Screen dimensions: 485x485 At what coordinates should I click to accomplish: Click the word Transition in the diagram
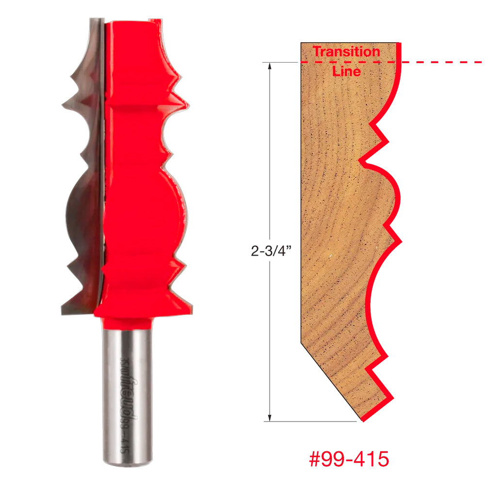coord(346,51)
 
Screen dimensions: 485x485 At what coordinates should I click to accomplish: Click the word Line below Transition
coord(346,71)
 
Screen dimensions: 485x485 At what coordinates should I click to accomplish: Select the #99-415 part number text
coord(349,459)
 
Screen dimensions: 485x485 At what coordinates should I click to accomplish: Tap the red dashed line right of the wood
coord(441,63)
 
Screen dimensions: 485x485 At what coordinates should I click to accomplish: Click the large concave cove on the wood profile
coord(376,291)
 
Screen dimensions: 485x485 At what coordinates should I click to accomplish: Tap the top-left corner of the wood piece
coord(302,44)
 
